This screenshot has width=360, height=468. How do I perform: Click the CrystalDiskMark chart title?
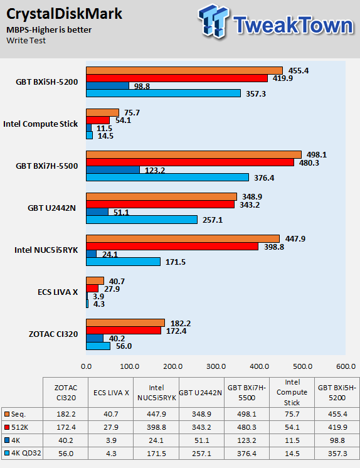coord(64,14)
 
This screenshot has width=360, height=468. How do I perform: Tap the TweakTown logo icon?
coord(214,21)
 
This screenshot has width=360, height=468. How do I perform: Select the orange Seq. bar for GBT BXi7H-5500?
coord(194,154)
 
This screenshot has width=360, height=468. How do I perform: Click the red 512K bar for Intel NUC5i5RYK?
coord(172,247)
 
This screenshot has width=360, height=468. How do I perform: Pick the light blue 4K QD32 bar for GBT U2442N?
coord(142,220)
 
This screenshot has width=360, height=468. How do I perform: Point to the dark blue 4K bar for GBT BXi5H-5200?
coord(107,86)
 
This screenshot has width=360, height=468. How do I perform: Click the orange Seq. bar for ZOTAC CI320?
coord(125,322)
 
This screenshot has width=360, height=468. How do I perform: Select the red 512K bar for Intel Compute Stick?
coord(98,120)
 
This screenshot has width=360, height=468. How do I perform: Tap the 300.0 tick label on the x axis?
coord(216,366)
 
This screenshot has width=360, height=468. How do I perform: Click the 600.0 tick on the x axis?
coord(346,366)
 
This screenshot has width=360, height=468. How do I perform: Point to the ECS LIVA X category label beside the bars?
coord(58,292)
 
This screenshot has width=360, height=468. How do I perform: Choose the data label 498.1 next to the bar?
coord(317,154)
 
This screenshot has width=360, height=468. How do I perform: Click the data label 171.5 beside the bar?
coord(176,262)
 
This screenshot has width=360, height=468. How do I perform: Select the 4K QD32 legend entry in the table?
coord(23,454)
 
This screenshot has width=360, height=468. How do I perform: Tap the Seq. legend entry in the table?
coord(15,414)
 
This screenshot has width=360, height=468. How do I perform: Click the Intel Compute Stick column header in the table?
coord(292,392)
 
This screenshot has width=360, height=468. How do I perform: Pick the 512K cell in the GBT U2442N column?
coord(201,427)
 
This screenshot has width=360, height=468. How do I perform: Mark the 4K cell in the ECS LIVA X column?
coord(111,440)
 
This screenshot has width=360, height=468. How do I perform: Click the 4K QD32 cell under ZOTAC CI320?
coord(66,454)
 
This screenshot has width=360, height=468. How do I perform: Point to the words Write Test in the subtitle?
coord(26,41)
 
